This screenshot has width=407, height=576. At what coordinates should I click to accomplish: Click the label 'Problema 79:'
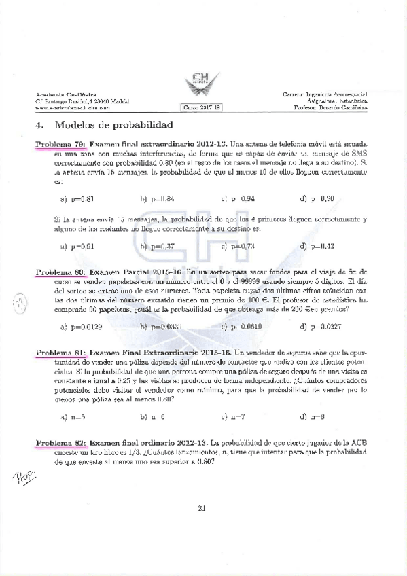[x=60, y=144]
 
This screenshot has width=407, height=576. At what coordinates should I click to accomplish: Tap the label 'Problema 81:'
[x=60, y=353]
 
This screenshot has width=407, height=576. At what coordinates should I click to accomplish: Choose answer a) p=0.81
[x=77, y=199]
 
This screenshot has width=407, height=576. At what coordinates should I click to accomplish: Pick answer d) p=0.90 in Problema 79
[x=317, y=199]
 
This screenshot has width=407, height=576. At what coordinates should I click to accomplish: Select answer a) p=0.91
[x=77, y=246]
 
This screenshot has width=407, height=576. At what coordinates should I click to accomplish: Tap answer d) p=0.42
[x=317, y=246]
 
